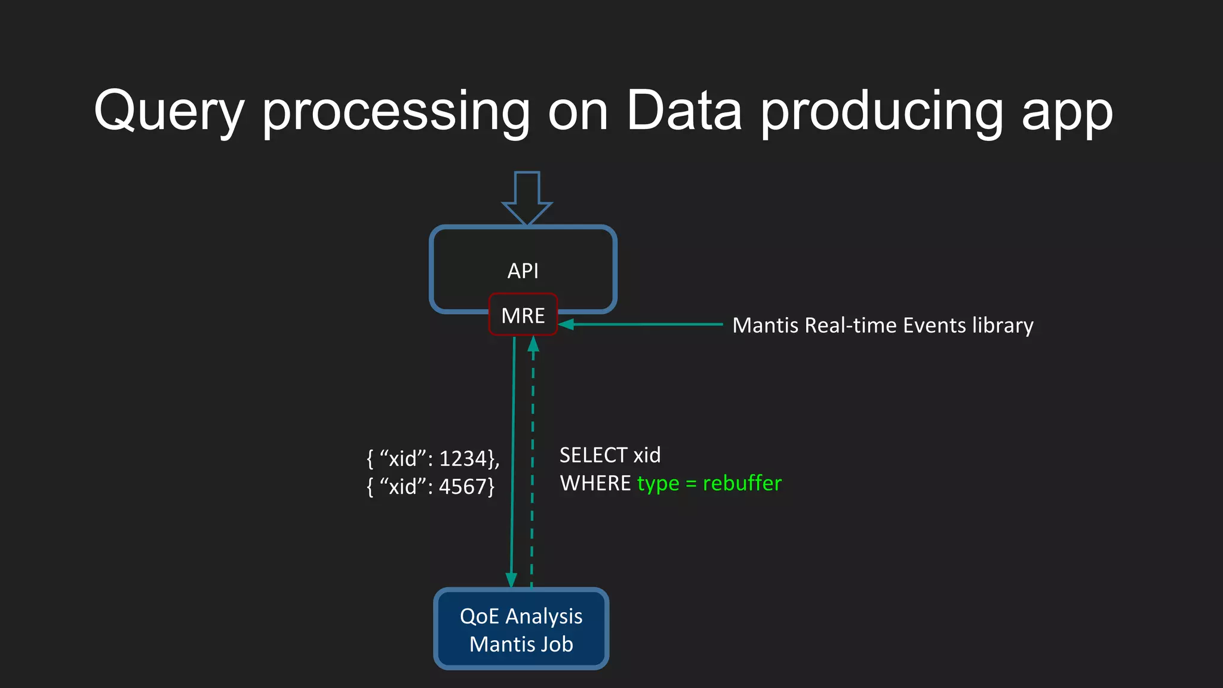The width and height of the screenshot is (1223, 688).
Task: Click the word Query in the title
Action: (169, 112)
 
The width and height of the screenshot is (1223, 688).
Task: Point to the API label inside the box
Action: (523, 271)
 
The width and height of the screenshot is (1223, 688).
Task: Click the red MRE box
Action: (523, 315)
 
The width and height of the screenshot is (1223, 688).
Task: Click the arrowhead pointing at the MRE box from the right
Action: (566, 324)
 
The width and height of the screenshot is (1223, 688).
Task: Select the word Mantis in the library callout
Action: (765, 325)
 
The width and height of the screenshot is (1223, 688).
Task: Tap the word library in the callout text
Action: (1003, 326)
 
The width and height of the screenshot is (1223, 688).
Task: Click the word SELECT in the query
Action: (593, 455)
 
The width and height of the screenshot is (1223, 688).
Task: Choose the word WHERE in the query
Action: (595, 483)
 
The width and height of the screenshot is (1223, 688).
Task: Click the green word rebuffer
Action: (742, 483)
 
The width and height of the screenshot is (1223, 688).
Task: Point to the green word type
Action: (658, 484)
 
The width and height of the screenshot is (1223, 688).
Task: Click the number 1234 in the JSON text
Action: (463, 459)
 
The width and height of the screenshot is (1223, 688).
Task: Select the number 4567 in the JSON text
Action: (463, 487)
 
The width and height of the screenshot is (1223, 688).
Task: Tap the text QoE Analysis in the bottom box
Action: (521, 616)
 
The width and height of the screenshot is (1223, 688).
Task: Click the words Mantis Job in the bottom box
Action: (521, 644)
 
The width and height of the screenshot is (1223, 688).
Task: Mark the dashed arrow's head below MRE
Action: (533, 344)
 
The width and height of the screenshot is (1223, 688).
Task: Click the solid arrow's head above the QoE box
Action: (511, 579)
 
